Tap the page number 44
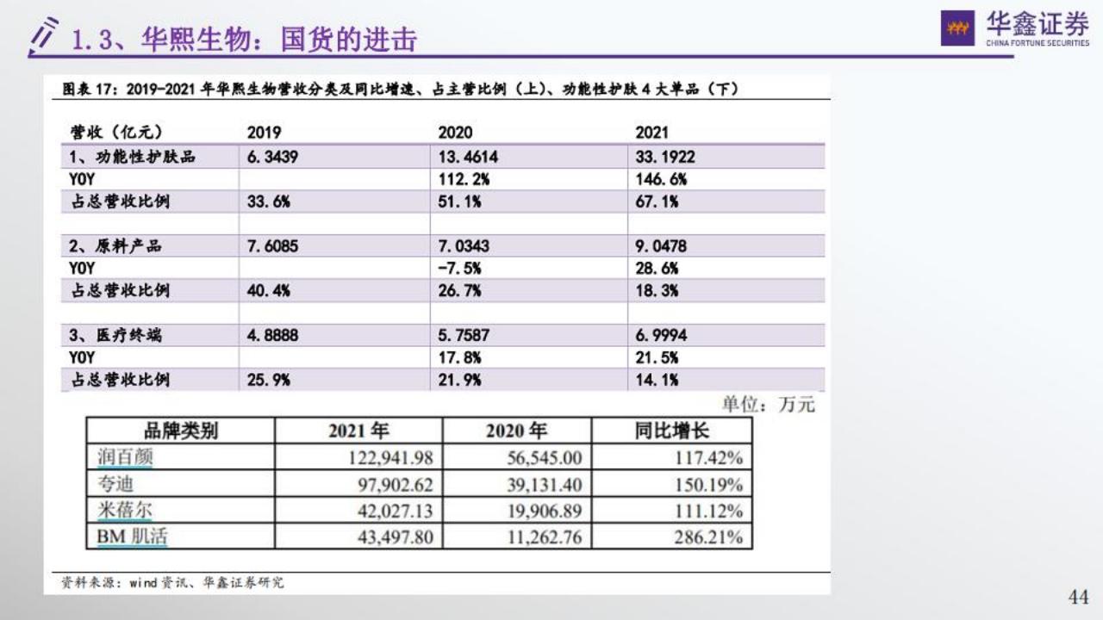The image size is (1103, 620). coord(1078,597)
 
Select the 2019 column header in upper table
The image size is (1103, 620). coord(264,133)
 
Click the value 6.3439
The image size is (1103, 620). coord(272,157)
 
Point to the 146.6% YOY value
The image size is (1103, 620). coord(661,179)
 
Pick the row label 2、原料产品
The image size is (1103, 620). coord(115,246)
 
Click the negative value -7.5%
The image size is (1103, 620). coord(459,269)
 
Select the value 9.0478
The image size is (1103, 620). coord(661,246)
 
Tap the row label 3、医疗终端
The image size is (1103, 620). coord(115,335)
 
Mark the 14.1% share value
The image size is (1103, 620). coord(657,380)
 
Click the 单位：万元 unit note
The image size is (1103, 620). coord(768,405)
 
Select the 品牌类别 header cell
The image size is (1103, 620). coord(180,431)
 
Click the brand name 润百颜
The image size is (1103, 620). coord(125,456)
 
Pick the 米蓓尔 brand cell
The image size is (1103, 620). coord(125,511)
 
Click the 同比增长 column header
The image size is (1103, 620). coord(671,431)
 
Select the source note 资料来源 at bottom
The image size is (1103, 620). coord(172,583)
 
